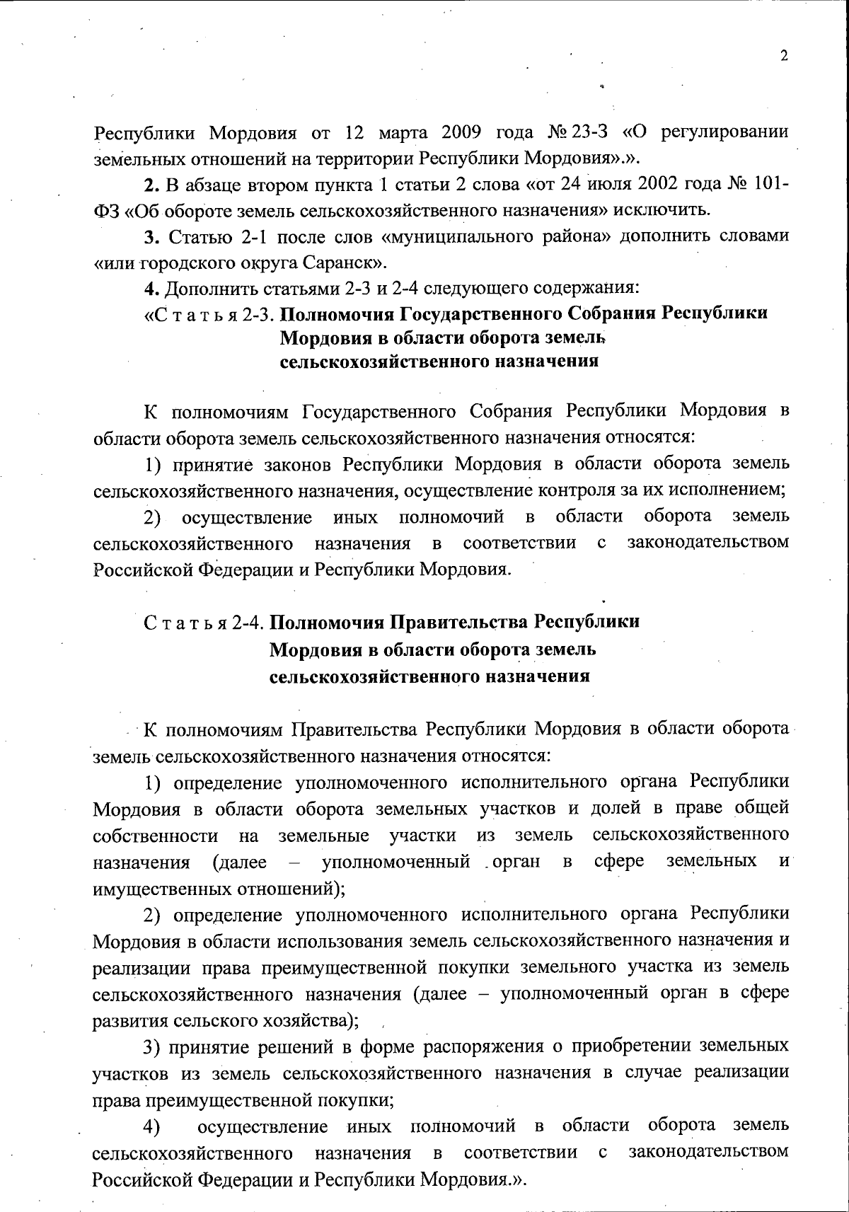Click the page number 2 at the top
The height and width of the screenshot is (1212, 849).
click(x=784, y=57)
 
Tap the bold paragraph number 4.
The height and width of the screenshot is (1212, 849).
click(x=149, y=289)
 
